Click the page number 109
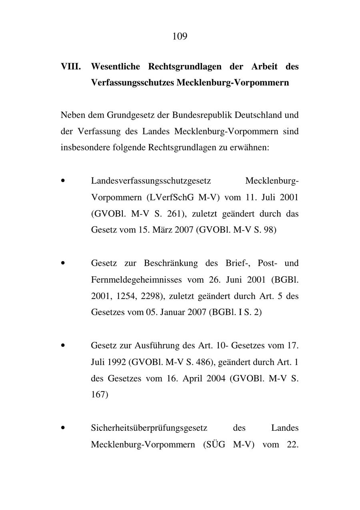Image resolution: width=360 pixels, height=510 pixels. coord(180,37)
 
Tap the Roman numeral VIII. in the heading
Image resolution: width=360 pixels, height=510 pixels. coord(70,66)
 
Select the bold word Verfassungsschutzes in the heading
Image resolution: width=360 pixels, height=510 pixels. coord(132,83)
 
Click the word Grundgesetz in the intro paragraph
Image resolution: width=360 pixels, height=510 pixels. coord(130,115)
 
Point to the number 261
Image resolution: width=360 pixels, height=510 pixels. coord(174,214)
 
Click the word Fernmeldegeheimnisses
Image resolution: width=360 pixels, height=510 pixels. coord(136,279)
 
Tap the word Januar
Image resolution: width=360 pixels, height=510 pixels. coord(171,312)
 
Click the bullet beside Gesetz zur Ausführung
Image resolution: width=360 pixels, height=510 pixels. coord(63,345)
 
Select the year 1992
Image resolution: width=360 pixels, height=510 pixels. coord(116,362)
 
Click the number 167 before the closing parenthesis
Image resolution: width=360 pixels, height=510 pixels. coord(98,395)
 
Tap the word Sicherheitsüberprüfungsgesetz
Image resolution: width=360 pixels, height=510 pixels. coord(149,428)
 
